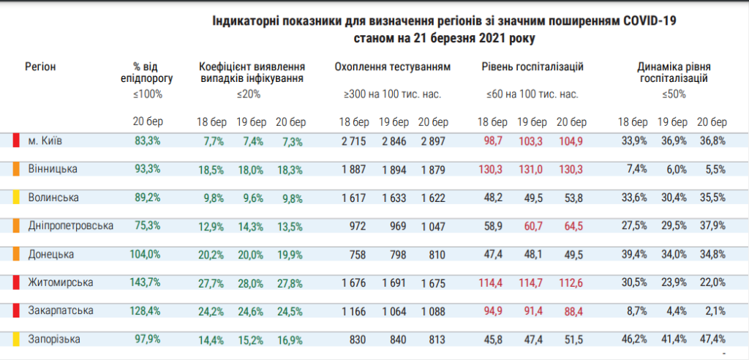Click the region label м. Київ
pyautogui.click(x=44, y=140)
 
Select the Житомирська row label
pyautogui.click(x=60, y=282)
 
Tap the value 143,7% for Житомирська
pyautogui.click(x=144, y=282)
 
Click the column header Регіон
pyautogui.click(x=40, y=67)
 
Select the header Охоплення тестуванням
pyautogui.click(x=393, y=67)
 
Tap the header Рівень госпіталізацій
pyautogui.click(x=532, y=67)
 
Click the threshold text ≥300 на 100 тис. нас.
pyautogui.click(x=393, y=94)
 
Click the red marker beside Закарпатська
pyautogui.click(x=15, y=310)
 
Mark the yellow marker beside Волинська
pyautogui.click(x=15, y=198)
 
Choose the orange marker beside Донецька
pyautogui.click(x=15, y=254)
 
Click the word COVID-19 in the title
pyautogui.click(x=647, y=23)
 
